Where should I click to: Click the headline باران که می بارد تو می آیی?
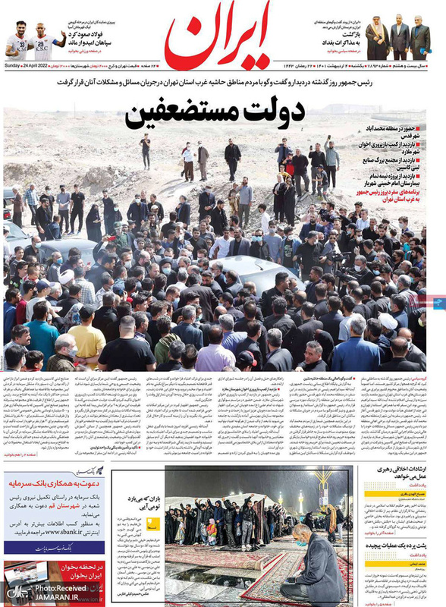coord(129,503)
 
